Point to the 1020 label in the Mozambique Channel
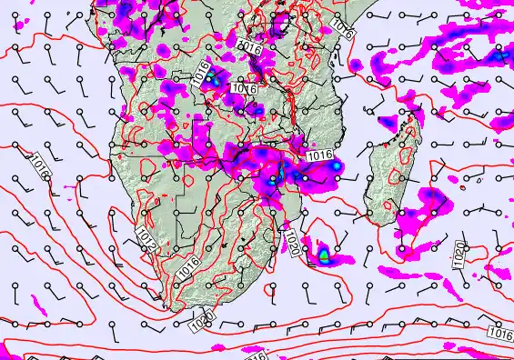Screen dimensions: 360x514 coord(292,242)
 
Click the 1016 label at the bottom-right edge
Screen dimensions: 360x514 coord(499,334)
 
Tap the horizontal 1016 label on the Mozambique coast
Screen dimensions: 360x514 coord(319,156)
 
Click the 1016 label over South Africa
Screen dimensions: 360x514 coord(188,267)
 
